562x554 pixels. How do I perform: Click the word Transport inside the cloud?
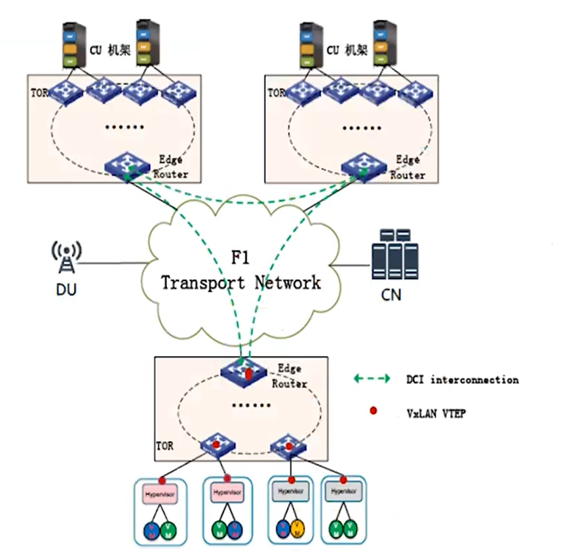point(204,282)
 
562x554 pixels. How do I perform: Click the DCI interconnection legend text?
point(462,380)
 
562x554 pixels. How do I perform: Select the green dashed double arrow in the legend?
point(372,379)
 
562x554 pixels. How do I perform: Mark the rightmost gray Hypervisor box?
point(343,491)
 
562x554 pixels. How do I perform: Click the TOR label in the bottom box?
point(164,447)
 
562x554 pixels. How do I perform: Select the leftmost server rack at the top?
point(74,44)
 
